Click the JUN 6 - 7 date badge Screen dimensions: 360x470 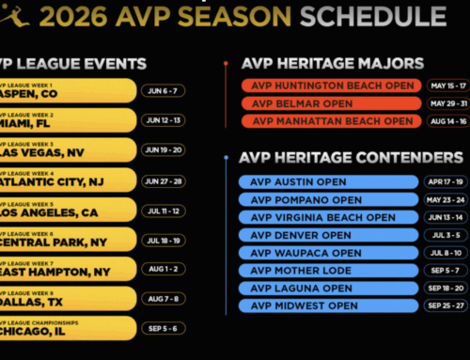point(165,91)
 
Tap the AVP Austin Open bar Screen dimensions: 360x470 point(324,181)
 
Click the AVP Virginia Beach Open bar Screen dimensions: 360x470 point(324,217)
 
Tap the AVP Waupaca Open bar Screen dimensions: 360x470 point(324,253)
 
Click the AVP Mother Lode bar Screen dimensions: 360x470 point(324,271)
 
